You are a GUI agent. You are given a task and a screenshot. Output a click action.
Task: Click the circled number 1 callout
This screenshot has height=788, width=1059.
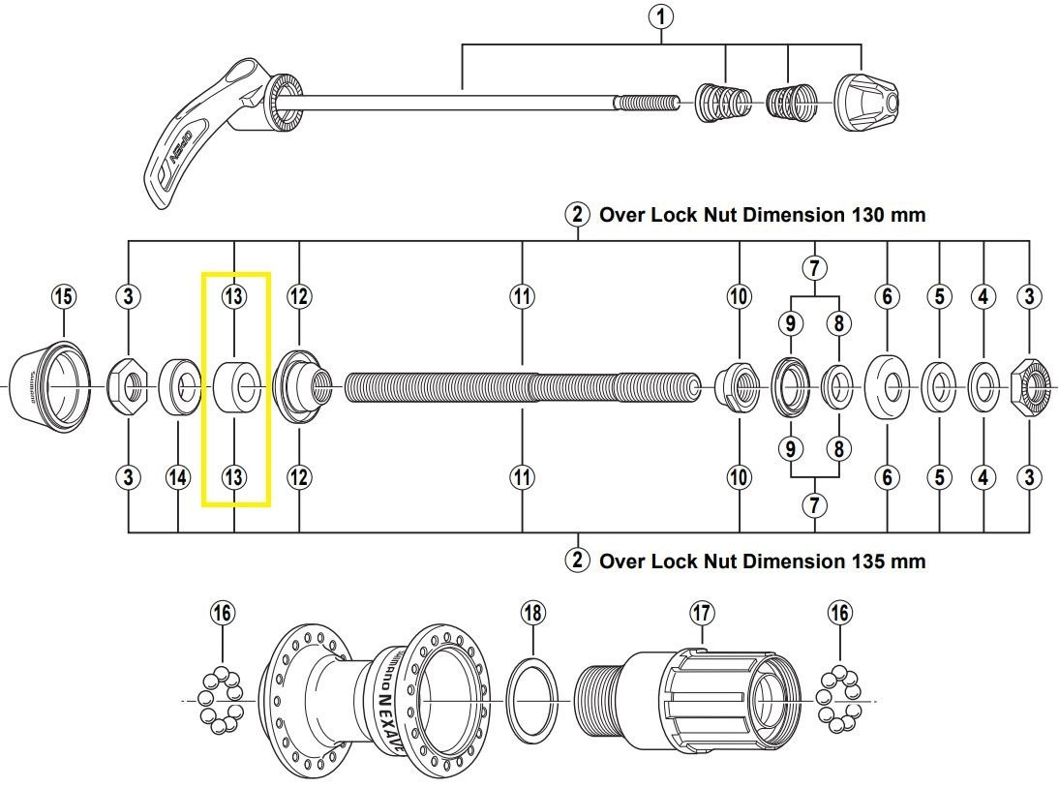(x=662, y=16)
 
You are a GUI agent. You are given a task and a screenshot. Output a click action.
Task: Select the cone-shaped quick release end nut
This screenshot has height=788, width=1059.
(x=866, y=100)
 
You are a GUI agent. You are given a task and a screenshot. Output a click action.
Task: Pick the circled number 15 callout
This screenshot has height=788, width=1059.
(x=63, y=296)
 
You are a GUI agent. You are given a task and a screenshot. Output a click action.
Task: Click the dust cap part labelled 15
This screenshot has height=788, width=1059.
(x=48, y=384)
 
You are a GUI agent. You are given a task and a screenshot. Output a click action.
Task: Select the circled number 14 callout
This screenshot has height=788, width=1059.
(x=179, y=477)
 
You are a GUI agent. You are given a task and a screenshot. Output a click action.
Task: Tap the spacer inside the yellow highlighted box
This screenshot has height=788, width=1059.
(x=235, y=386)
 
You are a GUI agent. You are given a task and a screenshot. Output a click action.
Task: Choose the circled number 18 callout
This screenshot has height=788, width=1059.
(x=532, y=613)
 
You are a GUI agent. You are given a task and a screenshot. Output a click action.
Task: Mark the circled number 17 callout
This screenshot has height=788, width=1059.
(x=702, y=613)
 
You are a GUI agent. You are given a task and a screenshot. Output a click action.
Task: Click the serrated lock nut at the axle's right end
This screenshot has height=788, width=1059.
(x=1032, y=387)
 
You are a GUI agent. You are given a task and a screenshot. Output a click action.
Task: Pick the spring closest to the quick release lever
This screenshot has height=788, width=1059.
(x=723, y=101)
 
